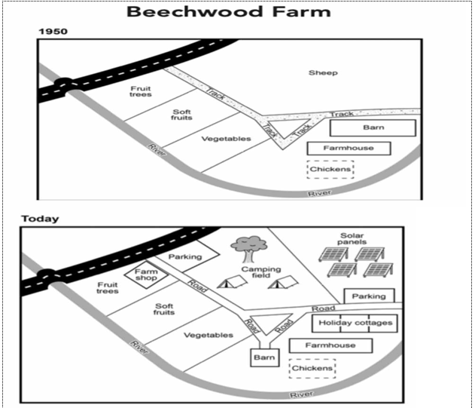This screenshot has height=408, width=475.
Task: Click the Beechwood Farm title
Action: click(228, 11)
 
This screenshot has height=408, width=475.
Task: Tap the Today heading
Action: click(40, 219)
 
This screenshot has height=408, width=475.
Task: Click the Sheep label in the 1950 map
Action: click(323, 73)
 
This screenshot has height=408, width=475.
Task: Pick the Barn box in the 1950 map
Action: click(373, 127)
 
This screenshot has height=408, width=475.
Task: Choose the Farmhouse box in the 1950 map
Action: click(348, 148)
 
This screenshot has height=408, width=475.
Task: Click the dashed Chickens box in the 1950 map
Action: click(330, 170)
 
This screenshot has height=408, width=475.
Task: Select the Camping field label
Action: click(261, 273)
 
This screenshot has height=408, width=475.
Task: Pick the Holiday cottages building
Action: click(355, 323)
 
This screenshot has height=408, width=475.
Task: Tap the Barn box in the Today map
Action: click(265, 357)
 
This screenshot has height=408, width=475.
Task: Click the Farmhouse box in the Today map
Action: click(330, 345)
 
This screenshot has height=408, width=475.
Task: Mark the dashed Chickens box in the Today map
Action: click(312, 368)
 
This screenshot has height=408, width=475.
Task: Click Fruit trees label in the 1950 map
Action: click(141, 91)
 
